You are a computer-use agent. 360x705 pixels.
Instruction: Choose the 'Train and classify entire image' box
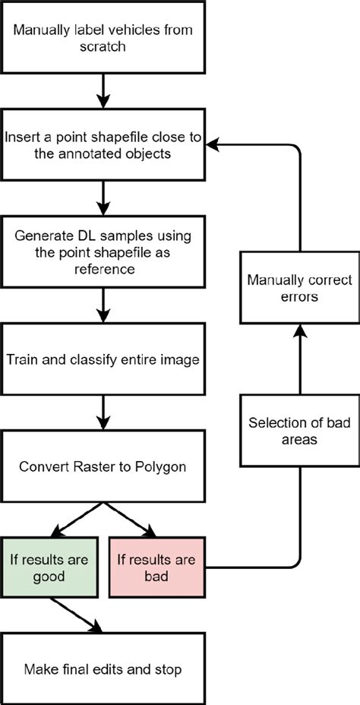point(103,359)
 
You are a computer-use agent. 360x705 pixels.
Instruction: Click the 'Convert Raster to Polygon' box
point(103,464)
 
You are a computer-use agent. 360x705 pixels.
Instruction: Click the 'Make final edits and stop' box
point(103,669)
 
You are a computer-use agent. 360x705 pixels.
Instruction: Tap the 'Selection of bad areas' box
point(301,431)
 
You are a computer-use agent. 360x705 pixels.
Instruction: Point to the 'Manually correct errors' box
point(301,289)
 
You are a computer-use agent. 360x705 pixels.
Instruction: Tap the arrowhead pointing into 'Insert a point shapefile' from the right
point(213,142)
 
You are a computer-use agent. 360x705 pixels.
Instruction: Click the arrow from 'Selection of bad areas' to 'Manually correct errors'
point(301,360)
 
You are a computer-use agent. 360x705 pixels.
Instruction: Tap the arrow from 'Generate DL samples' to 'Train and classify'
point(103,307)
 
